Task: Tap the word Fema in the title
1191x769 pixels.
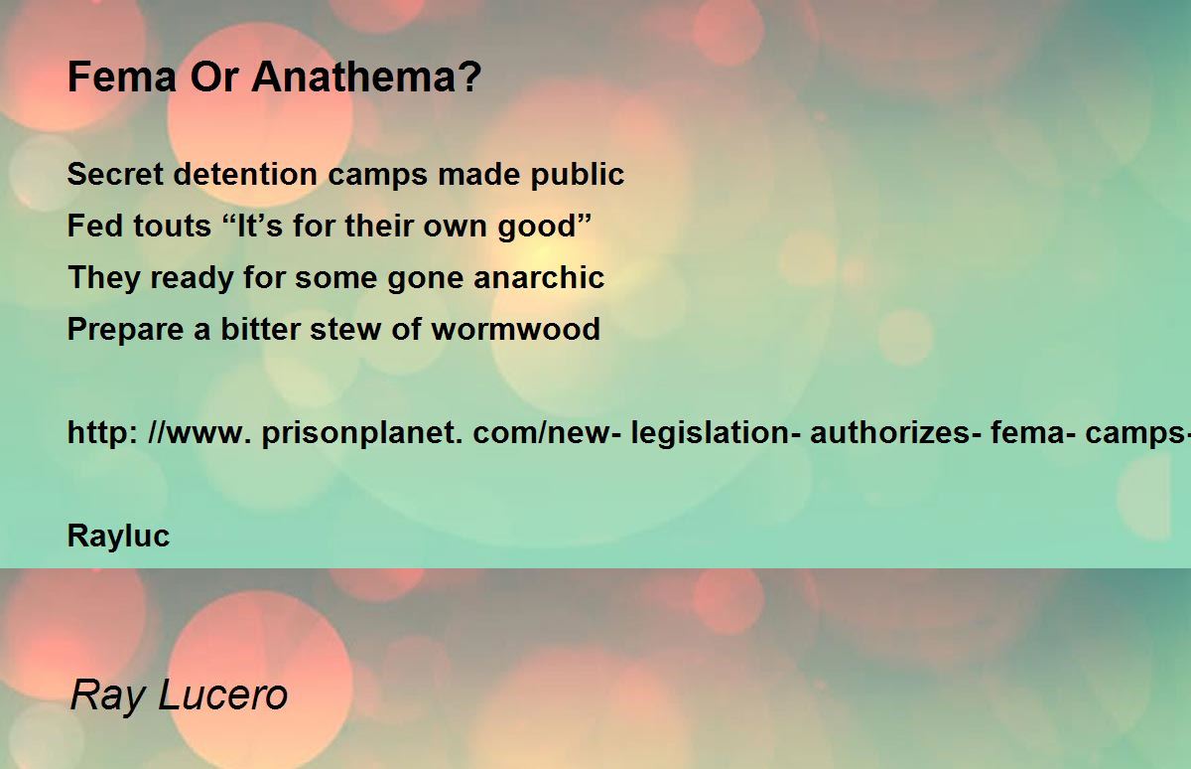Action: coord(122,77)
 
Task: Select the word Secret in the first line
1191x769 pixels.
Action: coord(115,174)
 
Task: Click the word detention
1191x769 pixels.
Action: coord(246,174)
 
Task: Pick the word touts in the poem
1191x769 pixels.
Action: coord(173,226)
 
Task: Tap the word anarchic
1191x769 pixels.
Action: coord(539,277)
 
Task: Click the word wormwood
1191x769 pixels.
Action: coord(516,329)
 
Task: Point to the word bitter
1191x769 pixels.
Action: coord(260,329)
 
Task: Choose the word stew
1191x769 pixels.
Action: coord(345,330)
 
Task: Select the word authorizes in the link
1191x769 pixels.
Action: coord(895,432)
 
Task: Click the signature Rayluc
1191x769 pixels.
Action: coord(118,537)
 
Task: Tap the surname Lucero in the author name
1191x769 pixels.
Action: coord(222,694)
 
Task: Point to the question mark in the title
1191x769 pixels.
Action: coord(468,77)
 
